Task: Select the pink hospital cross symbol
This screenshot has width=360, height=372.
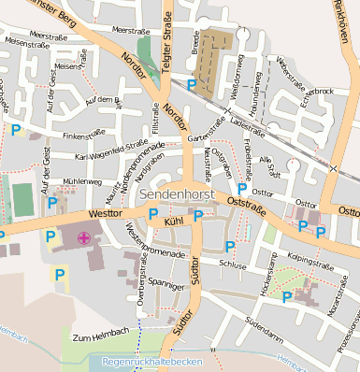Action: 84,238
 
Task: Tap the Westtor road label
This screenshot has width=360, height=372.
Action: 104,213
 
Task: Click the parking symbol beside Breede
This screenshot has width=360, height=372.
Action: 192,85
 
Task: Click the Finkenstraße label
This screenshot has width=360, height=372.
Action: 81,136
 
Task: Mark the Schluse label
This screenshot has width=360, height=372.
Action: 233,265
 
